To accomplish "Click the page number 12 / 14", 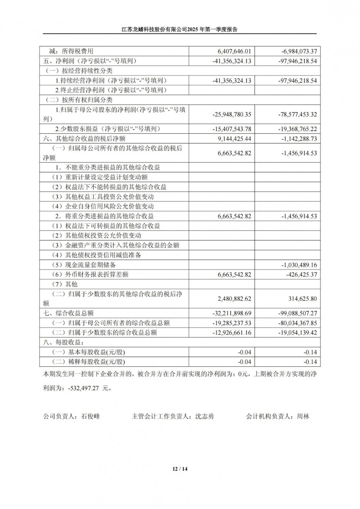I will pos(180,469).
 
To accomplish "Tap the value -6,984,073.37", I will pos(299,51).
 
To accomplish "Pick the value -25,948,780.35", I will pos(232,114).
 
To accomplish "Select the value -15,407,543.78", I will pos(232,129).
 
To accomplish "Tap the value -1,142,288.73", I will pos(299,139).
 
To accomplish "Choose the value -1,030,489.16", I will pos(299,265).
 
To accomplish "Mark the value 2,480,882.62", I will pos(234,299).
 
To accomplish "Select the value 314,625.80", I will pos(303,299).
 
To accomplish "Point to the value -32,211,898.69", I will pos(232,314).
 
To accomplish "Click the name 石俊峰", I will pos(90,416).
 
